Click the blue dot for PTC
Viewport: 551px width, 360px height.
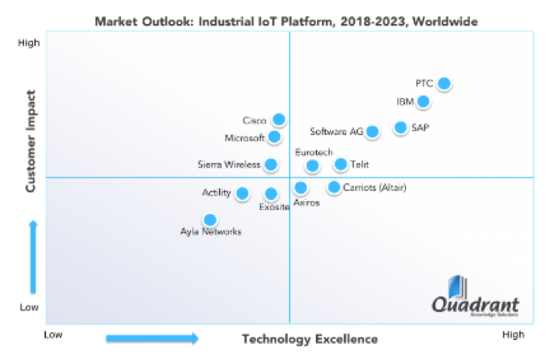[x=444, y=84]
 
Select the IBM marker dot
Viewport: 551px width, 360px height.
[x=423, y=102]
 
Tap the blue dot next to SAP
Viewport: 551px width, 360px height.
[x=400, y=127]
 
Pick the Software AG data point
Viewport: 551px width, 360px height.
[x=373, y=132]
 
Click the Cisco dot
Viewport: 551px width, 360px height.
[x=279, y=119]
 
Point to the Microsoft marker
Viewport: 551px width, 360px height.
[x=275, y=137]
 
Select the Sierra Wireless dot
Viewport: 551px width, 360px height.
[x=271, y=164]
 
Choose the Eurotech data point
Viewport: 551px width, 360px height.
[x=312, y=166]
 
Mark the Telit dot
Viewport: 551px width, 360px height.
[x=341, y=164]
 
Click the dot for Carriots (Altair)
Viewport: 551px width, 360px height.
[x=334, y=187]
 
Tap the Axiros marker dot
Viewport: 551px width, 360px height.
[x=301, y=188]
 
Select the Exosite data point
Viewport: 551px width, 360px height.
[x=271, y=194]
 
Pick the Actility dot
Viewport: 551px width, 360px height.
[x=243, y=193]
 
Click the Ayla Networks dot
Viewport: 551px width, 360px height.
[x=210, y=220]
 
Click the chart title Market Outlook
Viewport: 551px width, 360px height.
[x=275, y=19]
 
